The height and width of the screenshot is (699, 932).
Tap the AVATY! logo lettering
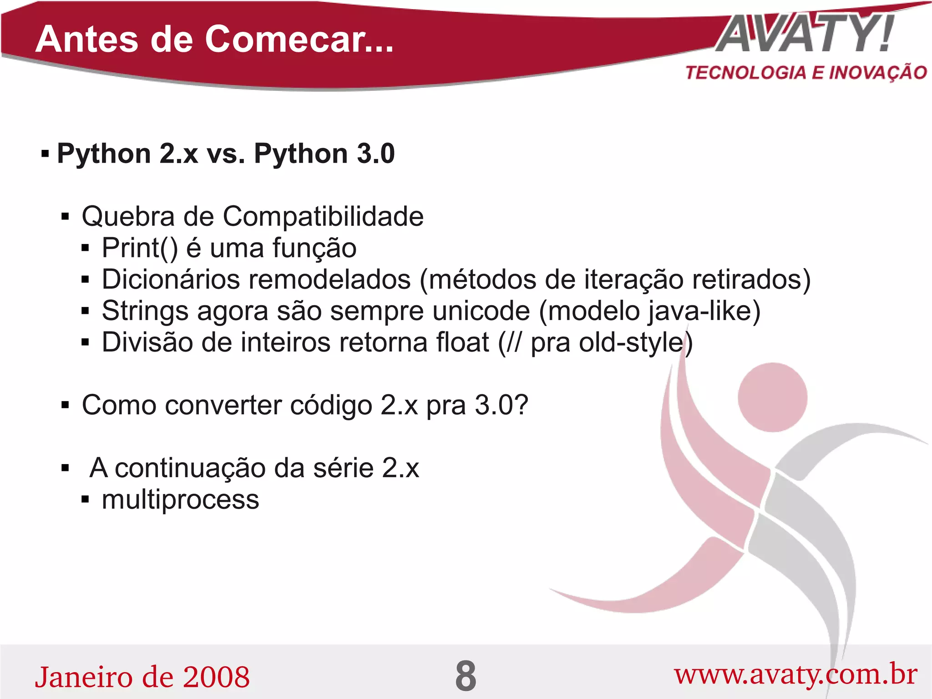click(805, 34)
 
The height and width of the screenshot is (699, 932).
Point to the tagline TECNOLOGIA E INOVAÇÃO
click(806, 73)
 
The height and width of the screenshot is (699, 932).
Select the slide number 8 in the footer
click(466, 676)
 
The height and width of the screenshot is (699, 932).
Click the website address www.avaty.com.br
click(795, 674)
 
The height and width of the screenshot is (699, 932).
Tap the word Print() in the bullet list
click(140, 248)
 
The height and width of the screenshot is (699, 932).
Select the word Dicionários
click(171, 279)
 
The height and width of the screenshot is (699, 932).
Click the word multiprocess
click(180, 500)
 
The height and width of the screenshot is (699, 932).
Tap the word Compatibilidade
click(323, 216)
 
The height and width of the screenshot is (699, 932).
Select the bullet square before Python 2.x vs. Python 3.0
click(45, 153)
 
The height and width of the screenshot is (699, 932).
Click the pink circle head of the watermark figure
click(772, 397)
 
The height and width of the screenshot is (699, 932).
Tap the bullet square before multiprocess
click(85, 500)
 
